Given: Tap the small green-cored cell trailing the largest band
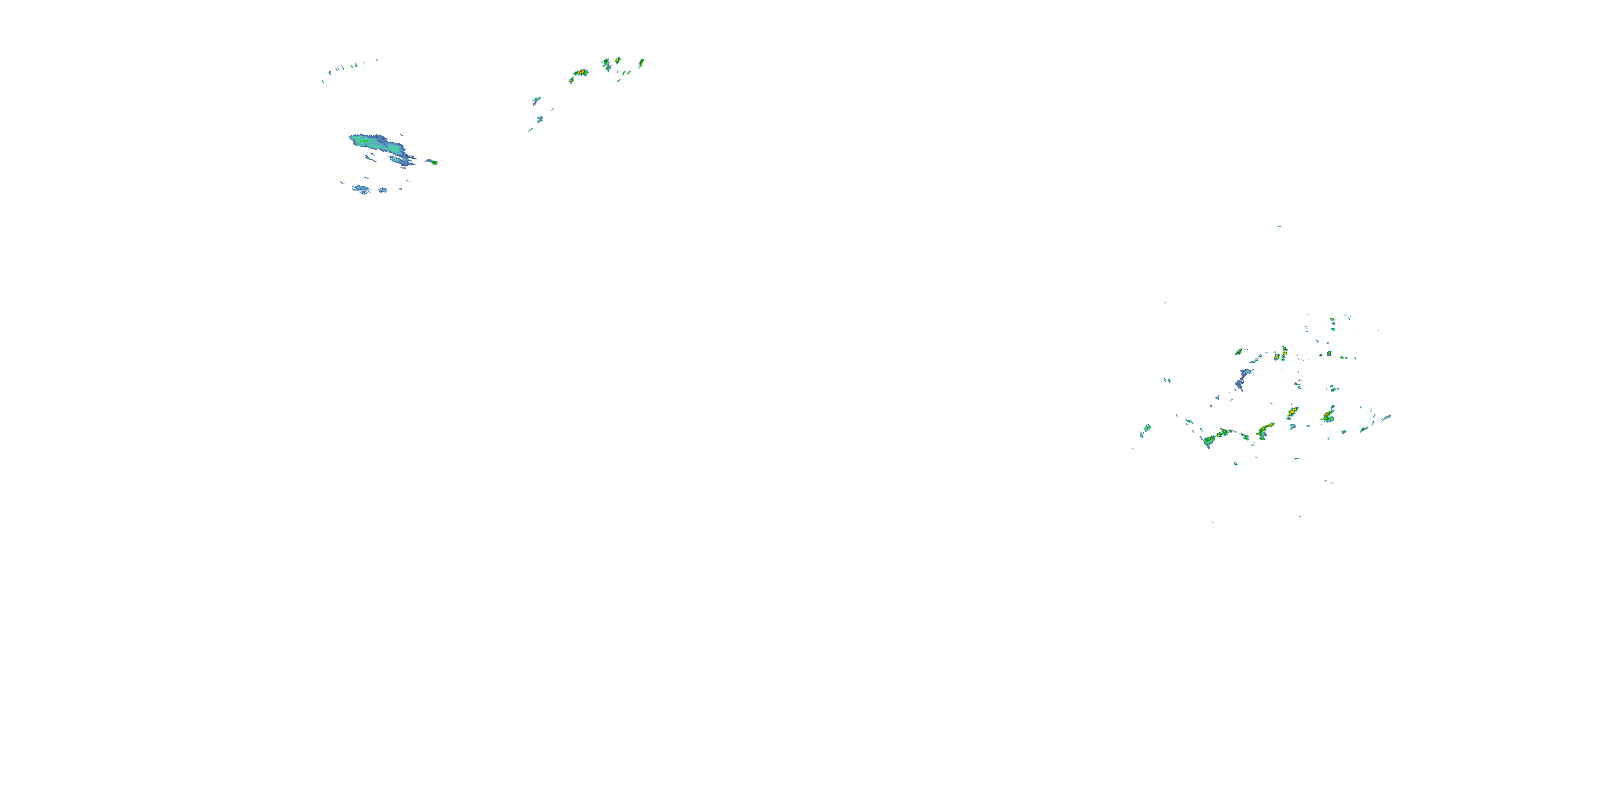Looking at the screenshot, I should point(433,162).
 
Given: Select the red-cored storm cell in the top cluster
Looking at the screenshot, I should point(581,72).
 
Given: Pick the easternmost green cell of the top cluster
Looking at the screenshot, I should point(641,62).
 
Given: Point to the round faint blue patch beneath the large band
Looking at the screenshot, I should point(383,190).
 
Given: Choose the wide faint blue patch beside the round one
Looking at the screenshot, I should point(360,189).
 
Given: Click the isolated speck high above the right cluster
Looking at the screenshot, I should point(1279,226).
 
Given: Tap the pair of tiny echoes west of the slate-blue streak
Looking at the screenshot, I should point(1166,380).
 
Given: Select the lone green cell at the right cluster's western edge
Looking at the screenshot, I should point(1147,428).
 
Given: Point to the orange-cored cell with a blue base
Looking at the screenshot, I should point(1328,415).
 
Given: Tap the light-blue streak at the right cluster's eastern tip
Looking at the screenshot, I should point(1386,418).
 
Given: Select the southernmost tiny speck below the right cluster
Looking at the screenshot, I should point(1212,522).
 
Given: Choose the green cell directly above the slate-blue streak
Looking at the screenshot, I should point(1238,352).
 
